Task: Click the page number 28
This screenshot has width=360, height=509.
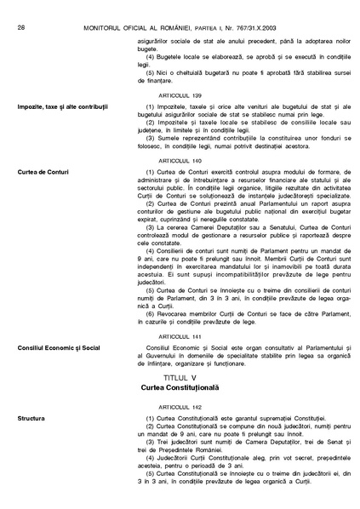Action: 20,8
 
